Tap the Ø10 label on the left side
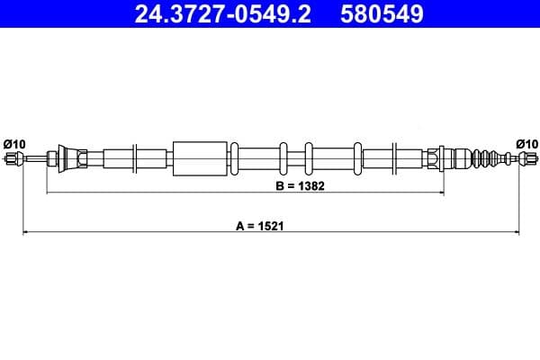tap(14, 143)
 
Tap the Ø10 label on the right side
tap(526, 143)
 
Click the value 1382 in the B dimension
tap(310, 187)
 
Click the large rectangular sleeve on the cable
tap(198, 159)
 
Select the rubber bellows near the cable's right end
tap(488, 159)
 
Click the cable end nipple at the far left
tap(13, 159)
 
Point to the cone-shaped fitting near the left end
tap(64, 158)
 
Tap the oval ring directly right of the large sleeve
tap(235, 159)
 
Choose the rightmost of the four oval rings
tap(358, 159)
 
